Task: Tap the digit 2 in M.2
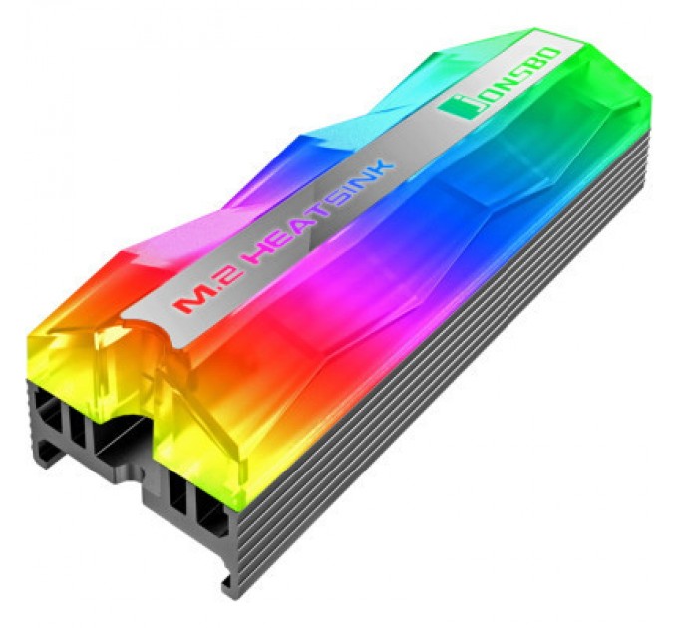click(x=223, y=280)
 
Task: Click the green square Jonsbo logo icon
click(x=460, y=108)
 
